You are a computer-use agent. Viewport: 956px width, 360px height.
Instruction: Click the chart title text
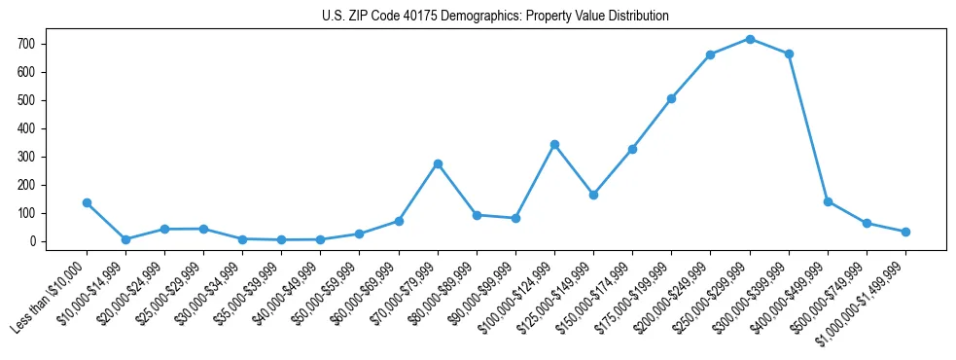click(x=495, y=17)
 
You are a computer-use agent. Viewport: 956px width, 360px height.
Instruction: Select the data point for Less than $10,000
click(x=87, y=202)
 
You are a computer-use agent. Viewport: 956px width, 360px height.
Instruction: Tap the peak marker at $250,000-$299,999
click(x=750, y=39)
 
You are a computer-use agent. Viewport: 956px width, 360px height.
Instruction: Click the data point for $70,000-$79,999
click(x=438, y=163)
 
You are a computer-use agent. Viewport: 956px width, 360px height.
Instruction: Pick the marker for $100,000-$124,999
click(x=554, y=144)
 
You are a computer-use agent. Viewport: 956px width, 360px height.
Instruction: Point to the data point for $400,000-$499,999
click(x=828, y=201)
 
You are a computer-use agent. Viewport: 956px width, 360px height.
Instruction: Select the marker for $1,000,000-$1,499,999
click(x=905, y=232)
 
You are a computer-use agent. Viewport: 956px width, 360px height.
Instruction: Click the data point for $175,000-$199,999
click(x=671, y=98)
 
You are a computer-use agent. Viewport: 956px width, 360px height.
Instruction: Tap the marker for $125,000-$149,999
click(x=593, y=195)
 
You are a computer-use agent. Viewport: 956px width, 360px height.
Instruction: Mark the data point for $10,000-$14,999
click(x=125, y=239)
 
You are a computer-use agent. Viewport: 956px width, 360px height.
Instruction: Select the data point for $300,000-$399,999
click(x=789, y=54)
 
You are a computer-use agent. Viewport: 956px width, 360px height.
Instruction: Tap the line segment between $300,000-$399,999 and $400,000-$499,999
click(x=808, y=127)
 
